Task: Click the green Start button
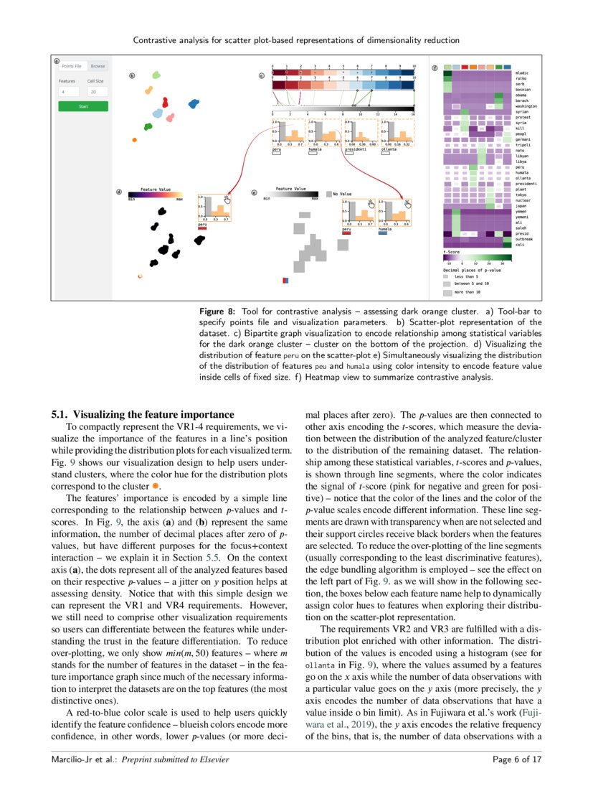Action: (83, 106)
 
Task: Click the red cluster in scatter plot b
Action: (165, 102)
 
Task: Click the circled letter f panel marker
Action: (435, 68)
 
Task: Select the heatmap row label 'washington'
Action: (526, 106)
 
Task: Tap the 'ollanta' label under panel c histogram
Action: (389, 150)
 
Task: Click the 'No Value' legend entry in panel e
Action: (342, 194)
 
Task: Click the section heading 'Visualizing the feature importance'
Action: (143, 414)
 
